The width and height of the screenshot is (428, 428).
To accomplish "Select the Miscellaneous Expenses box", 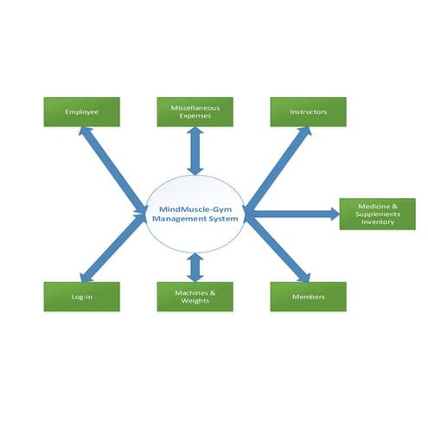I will click(195, 112).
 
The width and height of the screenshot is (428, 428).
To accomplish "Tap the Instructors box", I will click(308, 112).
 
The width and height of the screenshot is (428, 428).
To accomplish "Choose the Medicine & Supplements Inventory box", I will click(377, 214).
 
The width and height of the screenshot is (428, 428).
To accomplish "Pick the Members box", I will click(308, 297).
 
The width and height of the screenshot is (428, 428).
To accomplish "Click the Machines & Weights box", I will click(195, 297).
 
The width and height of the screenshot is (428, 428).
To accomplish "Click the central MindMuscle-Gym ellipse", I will click(195, 214).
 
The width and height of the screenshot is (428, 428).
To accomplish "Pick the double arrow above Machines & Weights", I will click(195, 266).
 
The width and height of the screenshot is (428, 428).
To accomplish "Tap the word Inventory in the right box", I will click(378, 222).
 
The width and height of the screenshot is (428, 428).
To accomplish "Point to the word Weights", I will click(195, 302).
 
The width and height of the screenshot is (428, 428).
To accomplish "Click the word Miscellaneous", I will click(195, 108).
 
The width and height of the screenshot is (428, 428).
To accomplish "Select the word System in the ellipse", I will click(224, 220).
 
